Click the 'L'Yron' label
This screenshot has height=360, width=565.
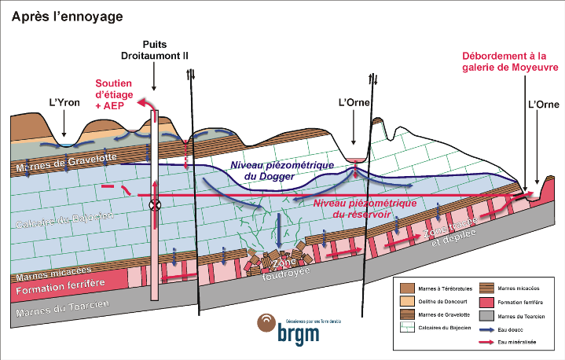[x=65, y=102]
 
